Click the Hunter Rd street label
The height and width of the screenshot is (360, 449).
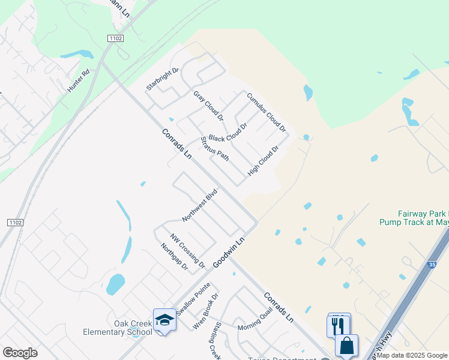point(79,80)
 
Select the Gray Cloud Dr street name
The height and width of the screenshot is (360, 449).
point(208,105)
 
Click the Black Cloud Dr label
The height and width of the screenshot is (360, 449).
point(228,133)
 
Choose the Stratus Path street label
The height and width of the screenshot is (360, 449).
point(215,148)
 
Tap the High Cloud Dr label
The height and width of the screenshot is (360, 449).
point(264,160)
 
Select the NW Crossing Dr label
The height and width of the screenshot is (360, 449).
point(188,251)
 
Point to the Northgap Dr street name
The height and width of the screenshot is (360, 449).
point(175,256)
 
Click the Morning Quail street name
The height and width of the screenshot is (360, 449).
point(255,322)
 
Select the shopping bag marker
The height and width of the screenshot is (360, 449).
point(347,346)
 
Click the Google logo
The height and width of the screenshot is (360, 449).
point(20,352)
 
